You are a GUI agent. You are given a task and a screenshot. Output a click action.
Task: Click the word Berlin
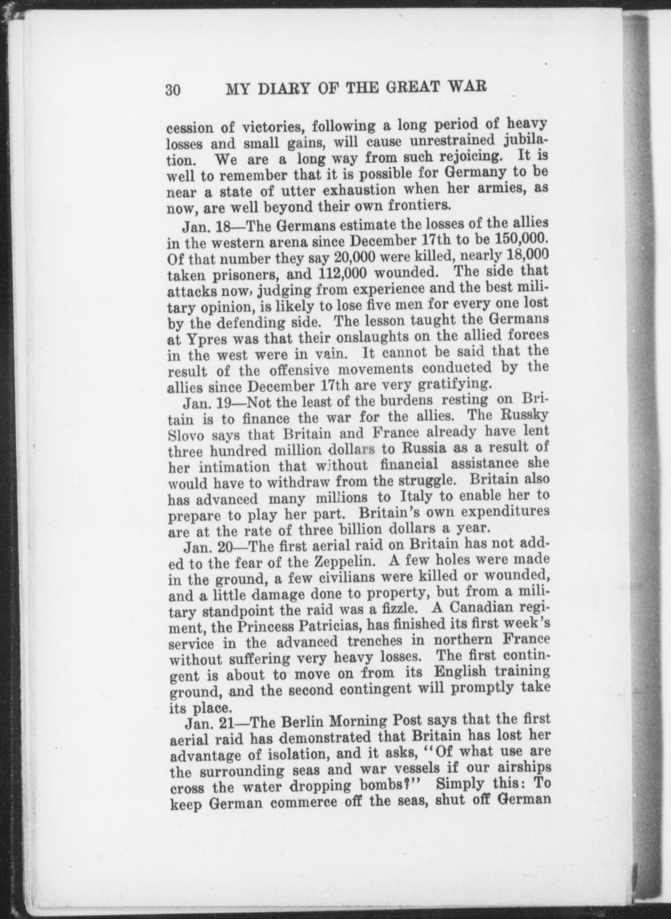tap(299, 723)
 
